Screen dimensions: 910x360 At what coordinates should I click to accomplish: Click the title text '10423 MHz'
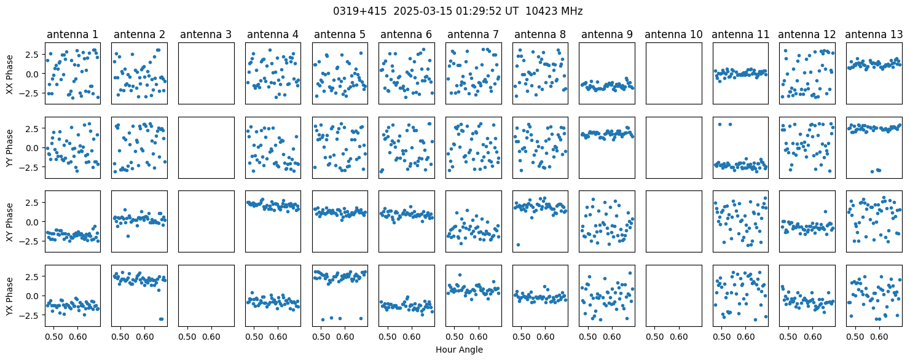coord(554,11)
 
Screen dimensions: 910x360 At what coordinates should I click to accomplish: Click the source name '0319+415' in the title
coord(360,11)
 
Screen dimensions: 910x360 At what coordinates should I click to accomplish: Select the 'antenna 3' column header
coord(206,35)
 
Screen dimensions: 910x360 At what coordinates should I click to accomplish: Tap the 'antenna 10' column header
coord(673,35)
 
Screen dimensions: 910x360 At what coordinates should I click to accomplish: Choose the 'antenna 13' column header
coord(874,35)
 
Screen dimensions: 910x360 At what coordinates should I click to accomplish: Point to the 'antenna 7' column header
coord(473,35)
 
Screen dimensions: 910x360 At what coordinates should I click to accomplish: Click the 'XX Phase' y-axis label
coord(10,74)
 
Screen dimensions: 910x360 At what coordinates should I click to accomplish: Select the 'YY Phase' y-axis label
coord(10,148)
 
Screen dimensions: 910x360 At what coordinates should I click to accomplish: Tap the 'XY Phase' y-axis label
coord(10,222)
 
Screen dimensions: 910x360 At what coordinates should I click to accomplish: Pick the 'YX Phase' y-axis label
coord(10,295)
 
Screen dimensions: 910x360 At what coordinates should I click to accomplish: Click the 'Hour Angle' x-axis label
coord(459,350)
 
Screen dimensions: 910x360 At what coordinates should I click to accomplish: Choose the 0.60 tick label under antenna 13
coord(879,337)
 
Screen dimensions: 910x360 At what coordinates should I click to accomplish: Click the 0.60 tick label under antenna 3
coord(211,337)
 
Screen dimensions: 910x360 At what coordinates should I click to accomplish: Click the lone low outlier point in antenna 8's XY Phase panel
coord(518,245)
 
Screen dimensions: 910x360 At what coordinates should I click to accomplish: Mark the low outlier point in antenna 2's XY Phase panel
coord(128,236)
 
